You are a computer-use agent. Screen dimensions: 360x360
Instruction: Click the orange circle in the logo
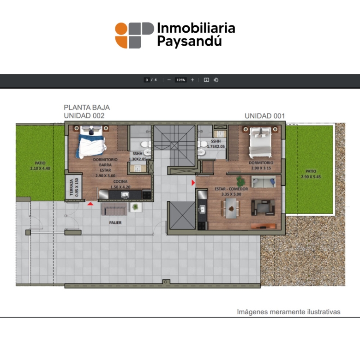121,29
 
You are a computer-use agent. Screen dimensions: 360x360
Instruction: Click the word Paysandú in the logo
189,42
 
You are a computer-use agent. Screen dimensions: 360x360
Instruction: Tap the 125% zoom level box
180,80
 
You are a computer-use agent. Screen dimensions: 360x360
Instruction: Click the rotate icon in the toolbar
216,80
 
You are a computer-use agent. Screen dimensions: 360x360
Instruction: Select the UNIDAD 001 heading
265,116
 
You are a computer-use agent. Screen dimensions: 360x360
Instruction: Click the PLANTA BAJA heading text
87,108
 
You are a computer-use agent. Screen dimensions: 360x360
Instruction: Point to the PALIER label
115,223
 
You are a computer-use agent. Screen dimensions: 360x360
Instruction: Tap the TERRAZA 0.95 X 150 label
74,187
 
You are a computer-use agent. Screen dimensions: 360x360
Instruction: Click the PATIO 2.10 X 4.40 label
40,166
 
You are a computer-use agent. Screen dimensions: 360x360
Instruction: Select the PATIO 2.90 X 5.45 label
311,174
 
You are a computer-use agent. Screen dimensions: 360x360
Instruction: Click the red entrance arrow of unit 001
193,183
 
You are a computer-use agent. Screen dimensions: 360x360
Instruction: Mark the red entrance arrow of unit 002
90,204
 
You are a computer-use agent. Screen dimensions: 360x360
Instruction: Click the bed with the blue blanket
91,142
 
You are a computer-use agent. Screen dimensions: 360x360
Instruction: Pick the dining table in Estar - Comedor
231,208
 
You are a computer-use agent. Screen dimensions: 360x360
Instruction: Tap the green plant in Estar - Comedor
240,181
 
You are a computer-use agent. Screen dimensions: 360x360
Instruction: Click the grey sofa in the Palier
114,209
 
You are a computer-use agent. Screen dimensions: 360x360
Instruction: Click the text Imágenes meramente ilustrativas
288,312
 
